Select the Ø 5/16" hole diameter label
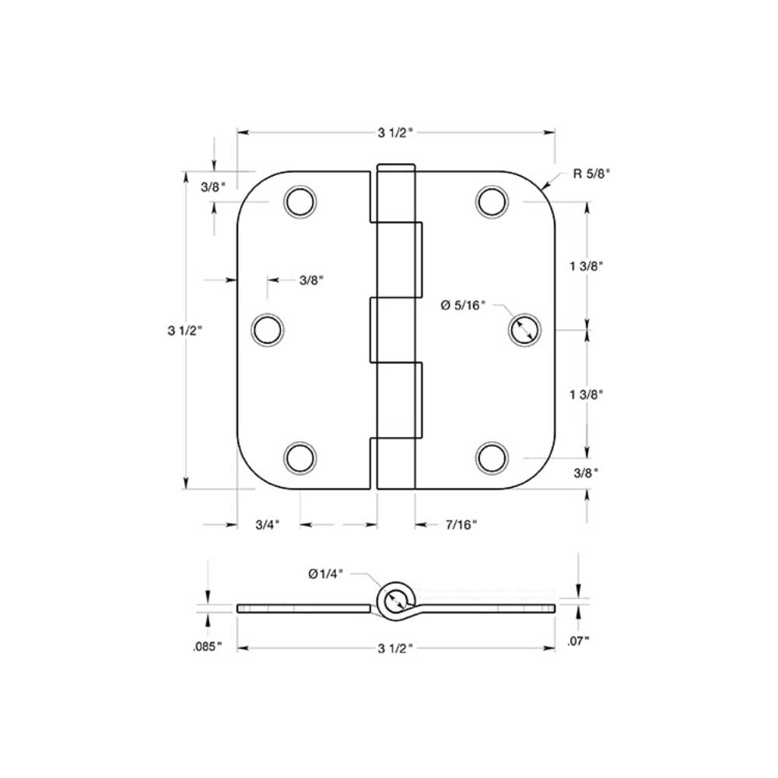(x=463, y=306)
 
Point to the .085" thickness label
(x=208, y=646)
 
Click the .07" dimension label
(x=578, y=640)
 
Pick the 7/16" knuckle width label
(x=461, y=524)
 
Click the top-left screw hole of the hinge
(x=300, y=202)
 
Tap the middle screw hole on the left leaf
(x=267, y=329)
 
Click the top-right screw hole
(x=492, y=202)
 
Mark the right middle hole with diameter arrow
(x=524, y=329)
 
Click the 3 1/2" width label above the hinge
(x=395, y=133)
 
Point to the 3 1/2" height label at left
(x=184, y=330)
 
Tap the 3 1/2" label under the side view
(x=395, y=647)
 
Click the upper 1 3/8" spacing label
(x=587, y=266)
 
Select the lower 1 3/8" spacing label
(x=587, y=394)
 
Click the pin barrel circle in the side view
(x=394, y=599)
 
